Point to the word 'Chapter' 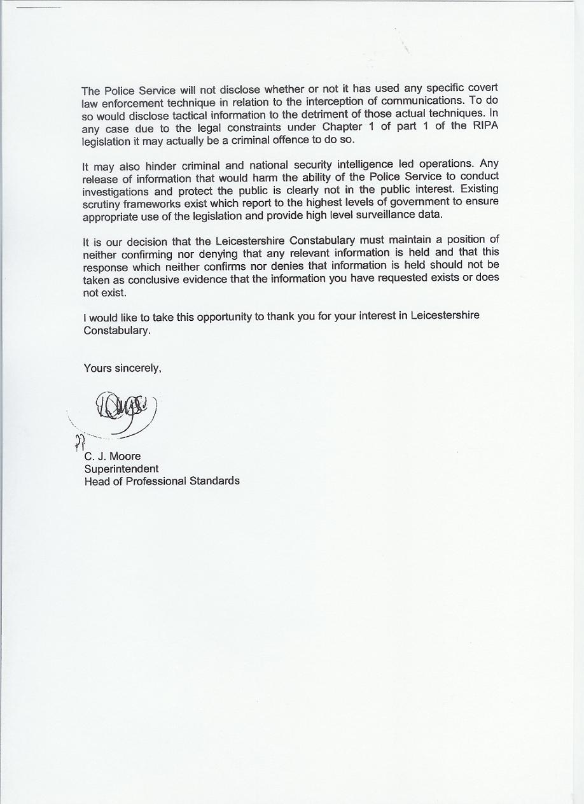[342, 127]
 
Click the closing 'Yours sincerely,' [122, 368]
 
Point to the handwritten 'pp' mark [79, 441]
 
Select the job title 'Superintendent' [122, 469]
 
